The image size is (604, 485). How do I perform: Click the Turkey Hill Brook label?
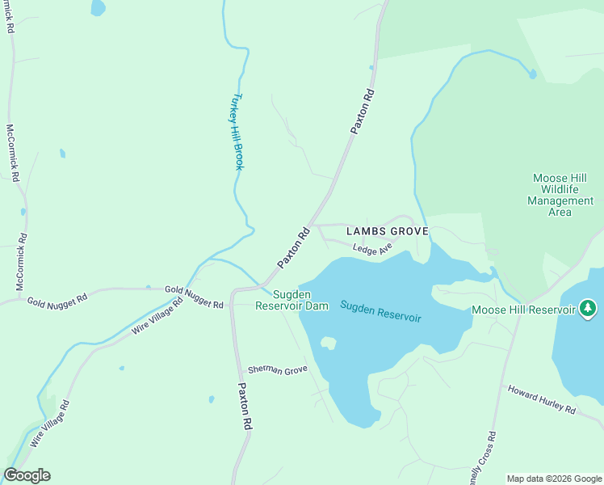[237, 131]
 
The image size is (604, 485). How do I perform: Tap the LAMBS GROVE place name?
[387, 231]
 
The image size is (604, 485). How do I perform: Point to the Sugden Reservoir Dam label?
[292, 300]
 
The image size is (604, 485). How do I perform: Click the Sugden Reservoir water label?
[380, 310]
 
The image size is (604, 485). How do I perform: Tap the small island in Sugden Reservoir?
[328, 343]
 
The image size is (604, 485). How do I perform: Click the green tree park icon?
[588, 308]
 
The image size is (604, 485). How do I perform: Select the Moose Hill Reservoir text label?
[524, 310]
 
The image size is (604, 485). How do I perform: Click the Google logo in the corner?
[27, 475]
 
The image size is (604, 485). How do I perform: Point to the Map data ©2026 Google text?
[554, 479]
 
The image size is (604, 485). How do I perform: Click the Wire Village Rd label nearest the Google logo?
[50, 424]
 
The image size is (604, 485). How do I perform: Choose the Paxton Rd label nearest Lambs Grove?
[294, 248]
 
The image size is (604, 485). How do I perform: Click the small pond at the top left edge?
[98, 7]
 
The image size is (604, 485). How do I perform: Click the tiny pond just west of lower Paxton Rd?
[211, 399]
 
